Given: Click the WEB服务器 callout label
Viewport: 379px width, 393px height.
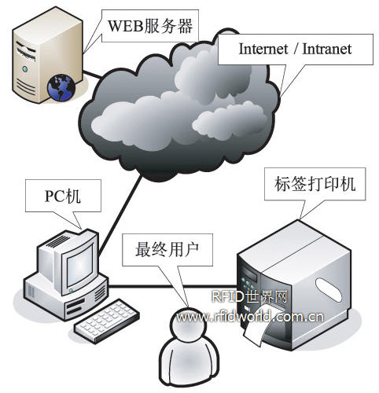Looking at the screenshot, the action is pyautogui.click(x=150, y=26).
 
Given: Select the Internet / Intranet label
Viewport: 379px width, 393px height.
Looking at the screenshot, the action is pyautogui.click(x=295, y=49).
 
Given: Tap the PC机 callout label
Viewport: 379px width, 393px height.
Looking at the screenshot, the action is pyautogui.click(x=63, y=196).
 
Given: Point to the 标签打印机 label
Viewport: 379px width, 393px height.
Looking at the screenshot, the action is pyautogui.click(x=315, y=184).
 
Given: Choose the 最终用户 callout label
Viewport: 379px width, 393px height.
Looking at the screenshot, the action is pyautogui.click(x=167, y=249).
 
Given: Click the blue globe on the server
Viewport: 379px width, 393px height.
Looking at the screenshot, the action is pyautogui.click(x=61, y=88).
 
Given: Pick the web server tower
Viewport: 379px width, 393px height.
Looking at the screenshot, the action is pyautogui.click(x=48, y=55).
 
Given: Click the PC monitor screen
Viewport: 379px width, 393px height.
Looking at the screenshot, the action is pyautogui.click(x=79, y=266).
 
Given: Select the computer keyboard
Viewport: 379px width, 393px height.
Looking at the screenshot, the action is pyautogui.click(x=107, y=321).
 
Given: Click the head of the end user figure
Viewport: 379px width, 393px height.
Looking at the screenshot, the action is pyautogui.click(x=188, y=325).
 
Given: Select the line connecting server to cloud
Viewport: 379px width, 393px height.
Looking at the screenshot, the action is pyautogui.click(x=92, y=74).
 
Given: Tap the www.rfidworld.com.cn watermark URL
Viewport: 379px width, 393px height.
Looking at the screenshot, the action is pyautogui.click(x=250, y=318).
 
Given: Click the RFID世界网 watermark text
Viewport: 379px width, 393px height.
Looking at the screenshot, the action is pyautogui.click(x=250, y=297).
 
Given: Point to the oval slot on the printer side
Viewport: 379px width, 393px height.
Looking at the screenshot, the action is pyautogui.click(x=329, y=290).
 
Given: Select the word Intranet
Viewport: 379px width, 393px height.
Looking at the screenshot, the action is pyautogui.click(x=327, y=49).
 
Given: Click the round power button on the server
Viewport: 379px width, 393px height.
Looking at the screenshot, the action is pyautogui.click(x=25, y=69).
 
